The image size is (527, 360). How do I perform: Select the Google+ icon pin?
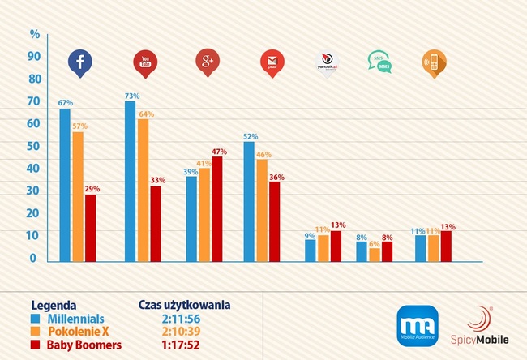click(x=208, y=62)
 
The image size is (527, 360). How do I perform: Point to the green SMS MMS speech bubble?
click(x=378, y=62)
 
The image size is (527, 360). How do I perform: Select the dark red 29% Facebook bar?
click(x=90, y=228)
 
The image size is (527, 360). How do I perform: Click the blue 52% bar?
click(x=249, y=202)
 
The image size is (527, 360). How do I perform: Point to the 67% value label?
click(x=66, y=103)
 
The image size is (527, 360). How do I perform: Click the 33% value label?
click(x=157, y=180)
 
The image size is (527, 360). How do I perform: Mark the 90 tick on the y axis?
click(x=33, y=56)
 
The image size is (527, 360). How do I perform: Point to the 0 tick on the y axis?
click(x=33, y=258)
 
